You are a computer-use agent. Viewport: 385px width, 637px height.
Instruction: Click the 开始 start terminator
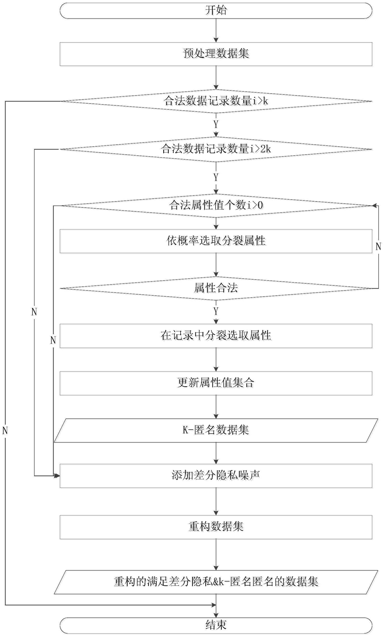point(216,10)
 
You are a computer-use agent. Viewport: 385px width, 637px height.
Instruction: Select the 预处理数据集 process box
point(216,53)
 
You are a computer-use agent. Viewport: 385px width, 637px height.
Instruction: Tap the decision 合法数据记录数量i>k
point(216,101)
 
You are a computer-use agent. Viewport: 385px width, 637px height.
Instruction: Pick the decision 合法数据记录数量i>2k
point(216,149)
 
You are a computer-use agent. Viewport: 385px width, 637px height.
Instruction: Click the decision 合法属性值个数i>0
point(216,205)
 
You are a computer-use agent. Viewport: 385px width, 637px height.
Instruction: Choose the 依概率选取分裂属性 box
point(216,241)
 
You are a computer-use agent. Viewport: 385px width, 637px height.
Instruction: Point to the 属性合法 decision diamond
point(216,287)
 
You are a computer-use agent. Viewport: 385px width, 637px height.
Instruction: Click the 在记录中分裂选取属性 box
point(216,336)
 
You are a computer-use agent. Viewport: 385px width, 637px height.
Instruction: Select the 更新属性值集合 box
point(216,383)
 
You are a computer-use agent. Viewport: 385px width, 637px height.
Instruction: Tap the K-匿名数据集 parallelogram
point(216,430)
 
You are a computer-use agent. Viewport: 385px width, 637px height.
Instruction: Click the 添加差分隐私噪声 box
point(216,475)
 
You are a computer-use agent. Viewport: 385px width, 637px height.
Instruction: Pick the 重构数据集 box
point(216,526)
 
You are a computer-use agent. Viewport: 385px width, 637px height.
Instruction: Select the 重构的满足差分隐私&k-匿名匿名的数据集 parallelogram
point(216,581)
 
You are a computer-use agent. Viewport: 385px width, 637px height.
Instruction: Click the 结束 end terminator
point(216,625)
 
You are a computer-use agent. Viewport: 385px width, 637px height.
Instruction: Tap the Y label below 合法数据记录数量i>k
point(216,124)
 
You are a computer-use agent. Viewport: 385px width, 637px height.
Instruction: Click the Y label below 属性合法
point(216,311)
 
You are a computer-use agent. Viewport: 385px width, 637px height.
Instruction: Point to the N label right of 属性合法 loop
point(378,246)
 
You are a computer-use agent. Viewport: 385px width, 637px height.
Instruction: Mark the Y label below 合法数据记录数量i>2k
point(216,177)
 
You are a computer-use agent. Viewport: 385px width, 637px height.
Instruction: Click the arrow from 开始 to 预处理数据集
point(216,30)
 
